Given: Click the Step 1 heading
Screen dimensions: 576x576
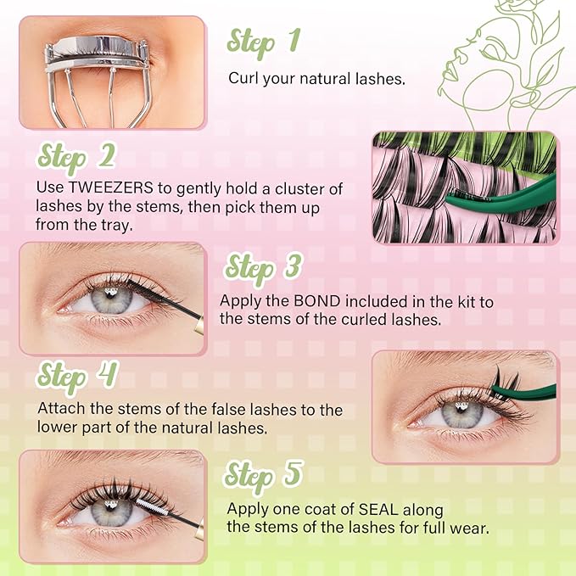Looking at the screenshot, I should point(264,41).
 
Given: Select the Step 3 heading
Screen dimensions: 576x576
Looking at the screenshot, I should point(264,266).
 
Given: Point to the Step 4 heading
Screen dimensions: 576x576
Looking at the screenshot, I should point(76,374).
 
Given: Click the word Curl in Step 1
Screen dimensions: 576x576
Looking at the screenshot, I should point(242,79).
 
